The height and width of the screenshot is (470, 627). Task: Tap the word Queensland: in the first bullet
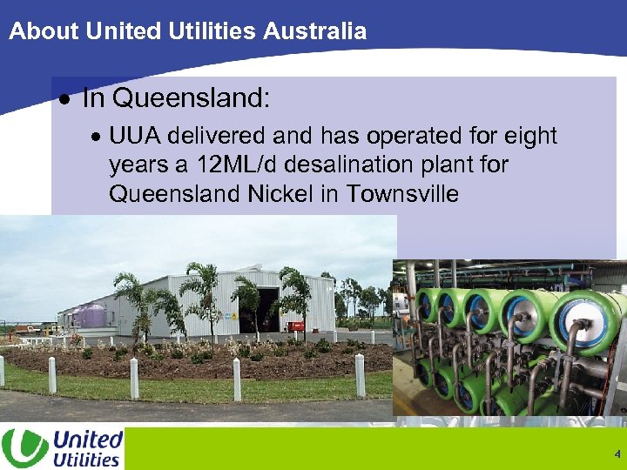[192, 98]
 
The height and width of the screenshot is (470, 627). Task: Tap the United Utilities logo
[63, 448]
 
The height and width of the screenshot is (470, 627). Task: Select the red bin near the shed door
[297, 326]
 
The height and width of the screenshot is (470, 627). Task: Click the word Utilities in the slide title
[212, 32]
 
